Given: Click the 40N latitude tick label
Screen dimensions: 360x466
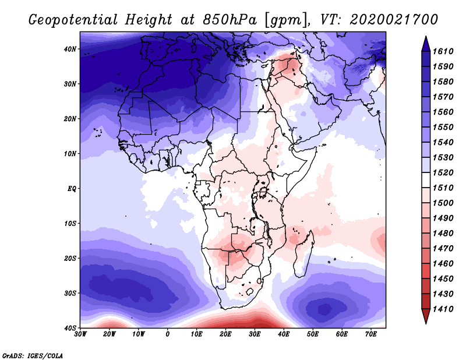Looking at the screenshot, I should [70, 49].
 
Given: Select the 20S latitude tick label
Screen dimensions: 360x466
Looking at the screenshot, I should [70, 258].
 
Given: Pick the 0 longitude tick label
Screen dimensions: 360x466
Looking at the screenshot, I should [168, 334].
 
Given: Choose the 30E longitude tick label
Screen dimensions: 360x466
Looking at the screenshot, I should [255, 334].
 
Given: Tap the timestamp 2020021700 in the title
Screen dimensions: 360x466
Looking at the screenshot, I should [394, 19].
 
